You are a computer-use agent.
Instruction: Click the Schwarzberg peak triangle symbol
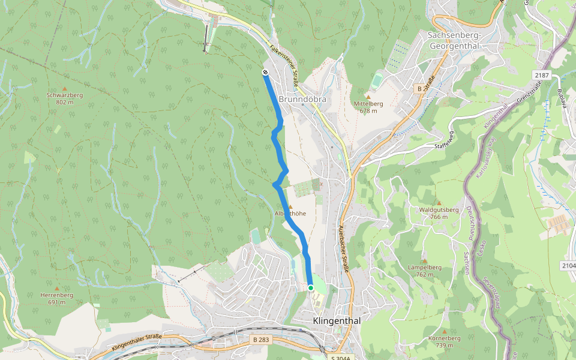(65, 88)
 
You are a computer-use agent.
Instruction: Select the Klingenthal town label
(337, 321)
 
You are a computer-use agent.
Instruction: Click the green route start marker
(311, 288)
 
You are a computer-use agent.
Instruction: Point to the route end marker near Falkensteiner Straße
(265, 73)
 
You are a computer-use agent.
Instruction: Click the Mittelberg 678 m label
(368, 107)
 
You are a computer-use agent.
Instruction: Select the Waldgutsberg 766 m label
(440, 213)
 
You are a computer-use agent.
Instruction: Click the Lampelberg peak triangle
(424, 261)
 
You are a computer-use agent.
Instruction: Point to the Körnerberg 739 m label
(445, 341)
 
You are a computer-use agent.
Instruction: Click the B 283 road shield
(259, 340)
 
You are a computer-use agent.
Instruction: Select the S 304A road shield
(340, 358)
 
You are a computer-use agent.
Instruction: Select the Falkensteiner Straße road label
(285, 66)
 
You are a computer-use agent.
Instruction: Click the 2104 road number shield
(568, 265)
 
